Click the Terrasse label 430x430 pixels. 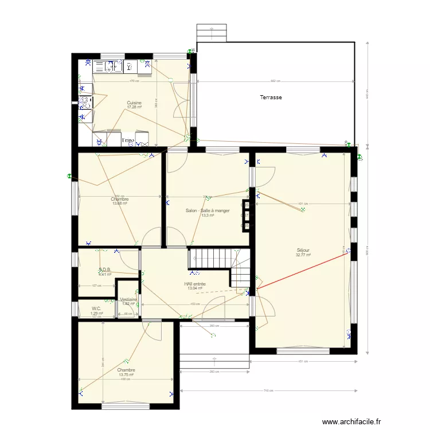click(x=271, y=97)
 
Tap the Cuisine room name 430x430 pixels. click(x=134, y=103)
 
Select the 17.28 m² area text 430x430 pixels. click(x=134, y=107)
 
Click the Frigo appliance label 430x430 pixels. click(x=128, y=140)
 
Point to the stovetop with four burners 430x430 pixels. click(x=85, y=103)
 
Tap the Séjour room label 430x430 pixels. click(x=303, y=251)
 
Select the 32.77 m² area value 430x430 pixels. click(x=303, y=255)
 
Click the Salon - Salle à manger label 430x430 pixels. click(x=208, y=210)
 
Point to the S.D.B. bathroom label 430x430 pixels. click(x=104, y=269)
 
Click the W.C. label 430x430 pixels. click(x=96, y=309)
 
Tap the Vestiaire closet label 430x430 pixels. click(x=128, y=299)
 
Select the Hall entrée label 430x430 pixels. click(x=195, y=284)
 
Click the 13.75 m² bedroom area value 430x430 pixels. click(x=126, y=375)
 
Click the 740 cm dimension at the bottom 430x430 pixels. click(x=267, y=390)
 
